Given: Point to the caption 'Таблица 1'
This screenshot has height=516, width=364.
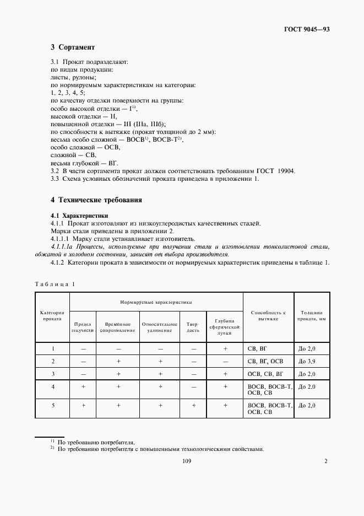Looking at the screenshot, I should pos(55,284).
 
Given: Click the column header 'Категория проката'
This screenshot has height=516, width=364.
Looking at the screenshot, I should pos(52,315).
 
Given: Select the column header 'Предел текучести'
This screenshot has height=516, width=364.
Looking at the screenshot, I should pos(83,327).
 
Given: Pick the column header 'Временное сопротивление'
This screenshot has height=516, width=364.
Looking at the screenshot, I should pos(118,327).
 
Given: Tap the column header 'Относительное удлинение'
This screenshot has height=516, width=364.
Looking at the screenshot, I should pos(160,327).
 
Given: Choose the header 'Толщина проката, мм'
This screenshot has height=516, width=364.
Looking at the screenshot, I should pos(312,315).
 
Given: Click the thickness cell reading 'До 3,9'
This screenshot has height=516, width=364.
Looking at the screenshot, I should pos(306,361).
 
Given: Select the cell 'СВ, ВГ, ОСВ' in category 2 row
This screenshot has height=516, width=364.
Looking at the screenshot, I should pos(265,361).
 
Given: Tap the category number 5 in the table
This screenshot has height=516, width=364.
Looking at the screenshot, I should pos(52,405).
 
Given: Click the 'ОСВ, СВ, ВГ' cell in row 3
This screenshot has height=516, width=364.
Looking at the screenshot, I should pos(265,374).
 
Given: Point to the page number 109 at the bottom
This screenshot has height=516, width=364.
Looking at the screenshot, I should pos(186,461).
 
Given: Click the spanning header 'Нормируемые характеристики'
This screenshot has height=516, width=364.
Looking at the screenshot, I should pos(156,302).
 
